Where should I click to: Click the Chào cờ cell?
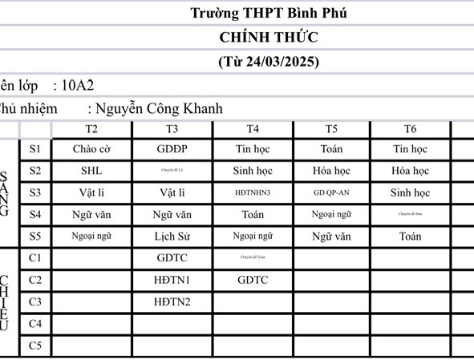point(91,149)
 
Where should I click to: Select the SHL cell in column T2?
point(91,171)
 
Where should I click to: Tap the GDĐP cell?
point(172,149)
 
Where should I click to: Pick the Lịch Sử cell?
point(172,237)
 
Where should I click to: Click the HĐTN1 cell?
point(172,280)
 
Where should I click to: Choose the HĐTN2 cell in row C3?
point(172,302)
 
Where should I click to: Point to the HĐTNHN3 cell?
point(253,193)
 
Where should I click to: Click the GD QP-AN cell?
point(331,193)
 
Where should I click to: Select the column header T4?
point(253,129)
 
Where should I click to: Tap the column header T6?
point(410,129)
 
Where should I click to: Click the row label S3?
point(34,192)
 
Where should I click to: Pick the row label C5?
point(34,346)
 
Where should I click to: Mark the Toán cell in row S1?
point(331,149)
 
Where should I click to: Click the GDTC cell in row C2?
point(253,280)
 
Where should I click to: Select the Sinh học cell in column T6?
point(410,193)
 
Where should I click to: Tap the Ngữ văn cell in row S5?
point(331,237)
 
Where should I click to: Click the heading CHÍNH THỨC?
point(268,37)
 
